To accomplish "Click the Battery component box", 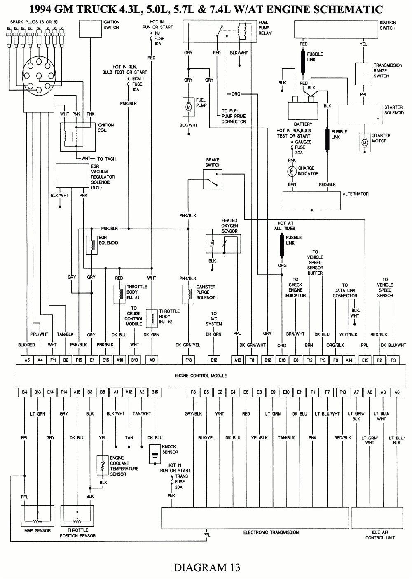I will pyautogui.click(x=303, y=110).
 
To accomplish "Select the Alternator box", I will pyautogui.click(x=311, y=200).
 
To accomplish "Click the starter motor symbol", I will pyautogui.click(x=364, y=142).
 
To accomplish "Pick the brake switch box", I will pyautogui.click(x=213, y=179).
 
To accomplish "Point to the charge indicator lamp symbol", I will pyautogui.click(x=292, y=170).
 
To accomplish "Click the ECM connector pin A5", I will pyautogui.click(x=27, y=360).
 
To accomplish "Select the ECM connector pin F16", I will pyautogui.click(x=189, y=360).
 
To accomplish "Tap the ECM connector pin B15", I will pyautogui.click(x=154, y=392).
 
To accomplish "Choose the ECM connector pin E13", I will pyautogui.click(x=365, y=360).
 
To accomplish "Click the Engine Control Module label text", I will pyautogui.click(x=201, y=376).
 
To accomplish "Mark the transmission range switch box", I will pyautogui.click(x=364, y=75).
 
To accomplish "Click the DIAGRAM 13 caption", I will pyautogui.click(x=207, y=567).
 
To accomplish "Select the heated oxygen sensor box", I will pyautogui.click(x=223, y=244).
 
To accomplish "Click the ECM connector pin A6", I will pyautogui.click(x=396, y=392).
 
